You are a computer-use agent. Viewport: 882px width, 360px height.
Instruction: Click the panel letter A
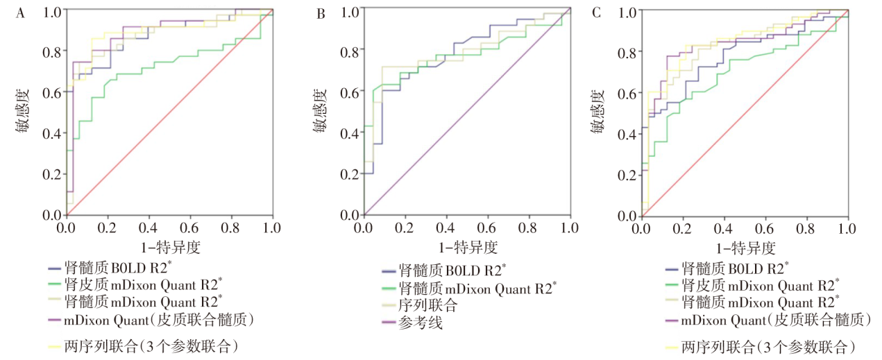[21, 11]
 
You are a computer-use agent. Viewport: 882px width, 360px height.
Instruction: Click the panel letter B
[321, 11]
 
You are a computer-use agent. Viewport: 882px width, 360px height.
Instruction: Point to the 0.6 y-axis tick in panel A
[53, 92]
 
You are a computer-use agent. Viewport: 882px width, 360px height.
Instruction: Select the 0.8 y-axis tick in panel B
[351, 51]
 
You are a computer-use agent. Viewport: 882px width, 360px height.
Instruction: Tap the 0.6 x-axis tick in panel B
[487, 228]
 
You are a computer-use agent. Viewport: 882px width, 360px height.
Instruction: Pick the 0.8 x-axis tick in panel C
[807, 228]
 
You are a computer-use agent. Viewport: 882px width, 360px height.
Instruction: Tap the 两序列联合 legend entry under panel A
[146, 345]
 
